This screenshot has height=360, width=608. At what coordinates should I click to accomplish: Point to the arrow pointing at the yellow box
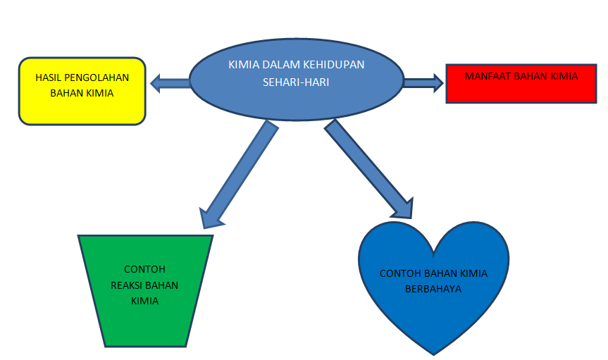click(170, 84)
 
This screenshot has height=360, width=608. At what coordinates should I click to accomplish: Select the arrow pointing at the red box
click(422, 83)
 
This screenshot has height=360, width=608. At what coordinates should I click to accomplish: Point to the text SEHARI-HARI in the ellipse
click(296, 82)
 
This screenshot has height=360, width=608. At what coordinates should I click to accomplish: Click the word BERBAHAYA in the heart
click(433, 289)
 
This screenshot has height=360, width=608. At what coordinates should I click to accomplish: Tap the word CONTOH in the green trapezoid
click(144, 269)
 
